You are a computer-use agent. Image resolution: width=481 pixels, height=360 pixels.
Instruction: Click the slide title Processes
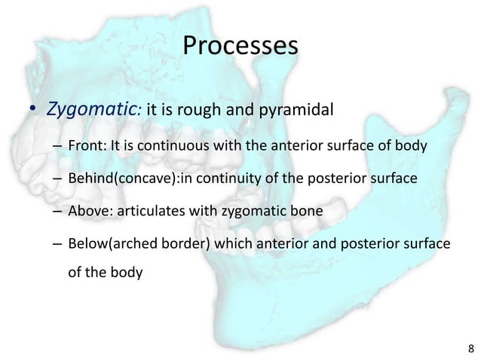tap(240, 47)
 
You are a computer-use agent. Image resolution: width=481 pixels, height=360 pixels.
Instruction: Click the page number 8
tap(471, 348)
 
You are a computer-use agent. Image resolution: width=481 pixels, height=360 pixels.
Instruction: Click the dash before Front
tap(57, 146)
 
